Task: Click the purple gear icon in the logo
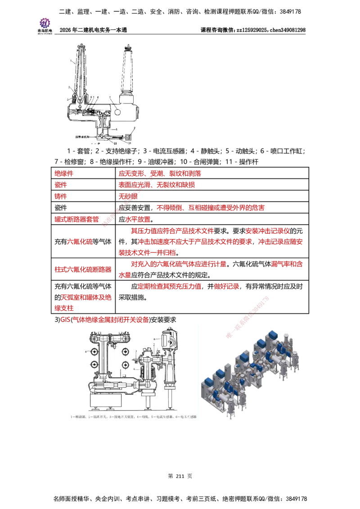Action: [x=45, y=22]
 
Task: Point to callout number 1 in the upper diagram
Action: [x=71, y=60]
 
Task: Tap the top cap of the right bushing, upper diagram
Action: [x=128, y=47]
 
